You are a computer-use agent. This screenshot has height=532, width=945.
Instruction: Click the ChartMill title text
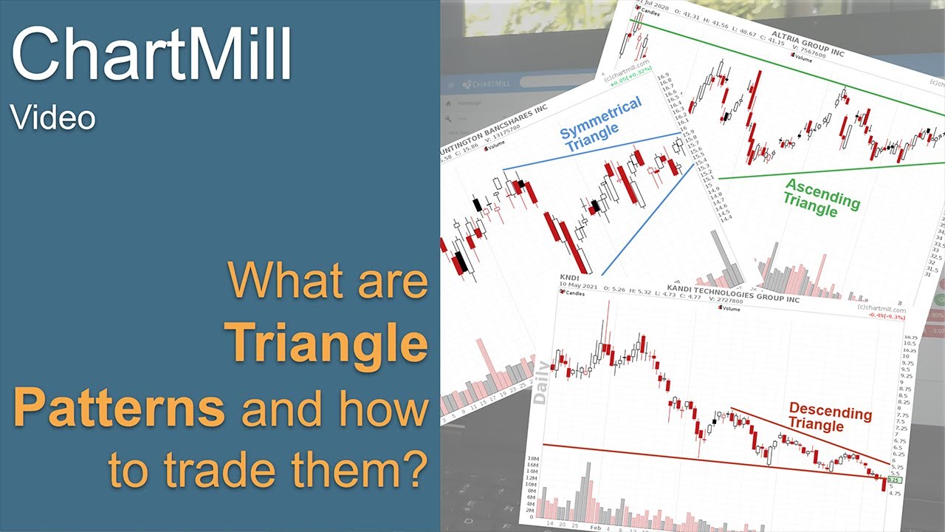(x=151, y=56)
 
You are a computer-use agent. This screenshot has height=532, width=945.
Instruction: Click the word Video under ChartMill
(x=52, y=118)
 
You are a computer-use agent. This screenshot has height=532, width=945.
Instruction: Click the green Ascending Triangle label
(x=821, y=198)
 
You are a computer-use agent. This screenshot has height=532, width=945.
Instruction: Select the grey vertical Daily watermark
(x=541, y=382)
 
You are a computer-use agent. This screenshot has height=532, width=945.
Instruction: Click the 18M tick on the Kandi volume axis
(x=532, y=460)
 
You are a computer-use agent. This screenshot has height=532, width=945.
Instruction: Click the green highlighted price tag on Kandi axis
(x=894, y=480)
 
